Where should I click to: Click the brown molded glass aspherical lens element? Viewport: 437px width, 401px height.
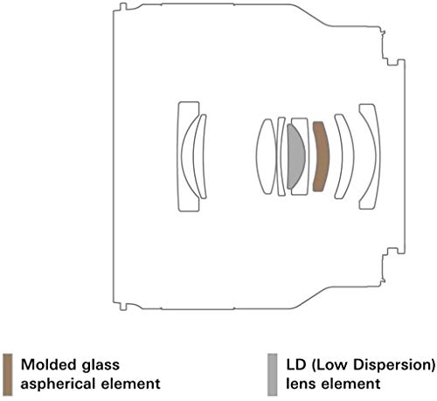click(322, 156)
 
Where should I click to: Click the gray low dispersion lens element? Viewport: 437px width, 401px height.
click(295, 156)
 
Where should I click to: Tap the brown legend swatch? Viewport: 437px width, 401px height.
click(8, 375)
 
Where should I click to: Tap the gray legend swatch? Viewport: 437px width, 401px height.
click(273, 375)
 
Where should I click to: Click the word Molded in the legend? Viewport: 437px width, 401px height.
click(49, 364)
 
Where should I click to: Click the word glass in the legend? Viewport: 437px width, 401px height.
click(101, 366)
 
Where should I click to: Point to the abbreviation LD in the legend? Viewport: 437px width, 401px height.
click(296, 364)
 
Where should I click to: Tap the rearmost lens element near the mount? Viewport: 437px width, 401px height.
click(371, 156)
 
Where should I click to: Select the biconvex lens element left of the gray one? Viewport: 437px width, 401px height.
click(266, 156)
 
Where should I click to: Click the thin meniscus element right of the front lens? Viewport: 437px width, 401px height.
click(200, 156)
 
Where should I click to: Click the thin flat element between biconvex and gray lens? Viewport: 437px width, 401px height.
click(281, 156)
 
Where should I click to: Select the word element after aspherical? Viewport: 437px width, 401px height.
click(130, 384)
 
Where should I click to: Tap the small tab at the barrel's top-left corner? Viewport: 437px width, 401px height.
click(123, 6)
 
